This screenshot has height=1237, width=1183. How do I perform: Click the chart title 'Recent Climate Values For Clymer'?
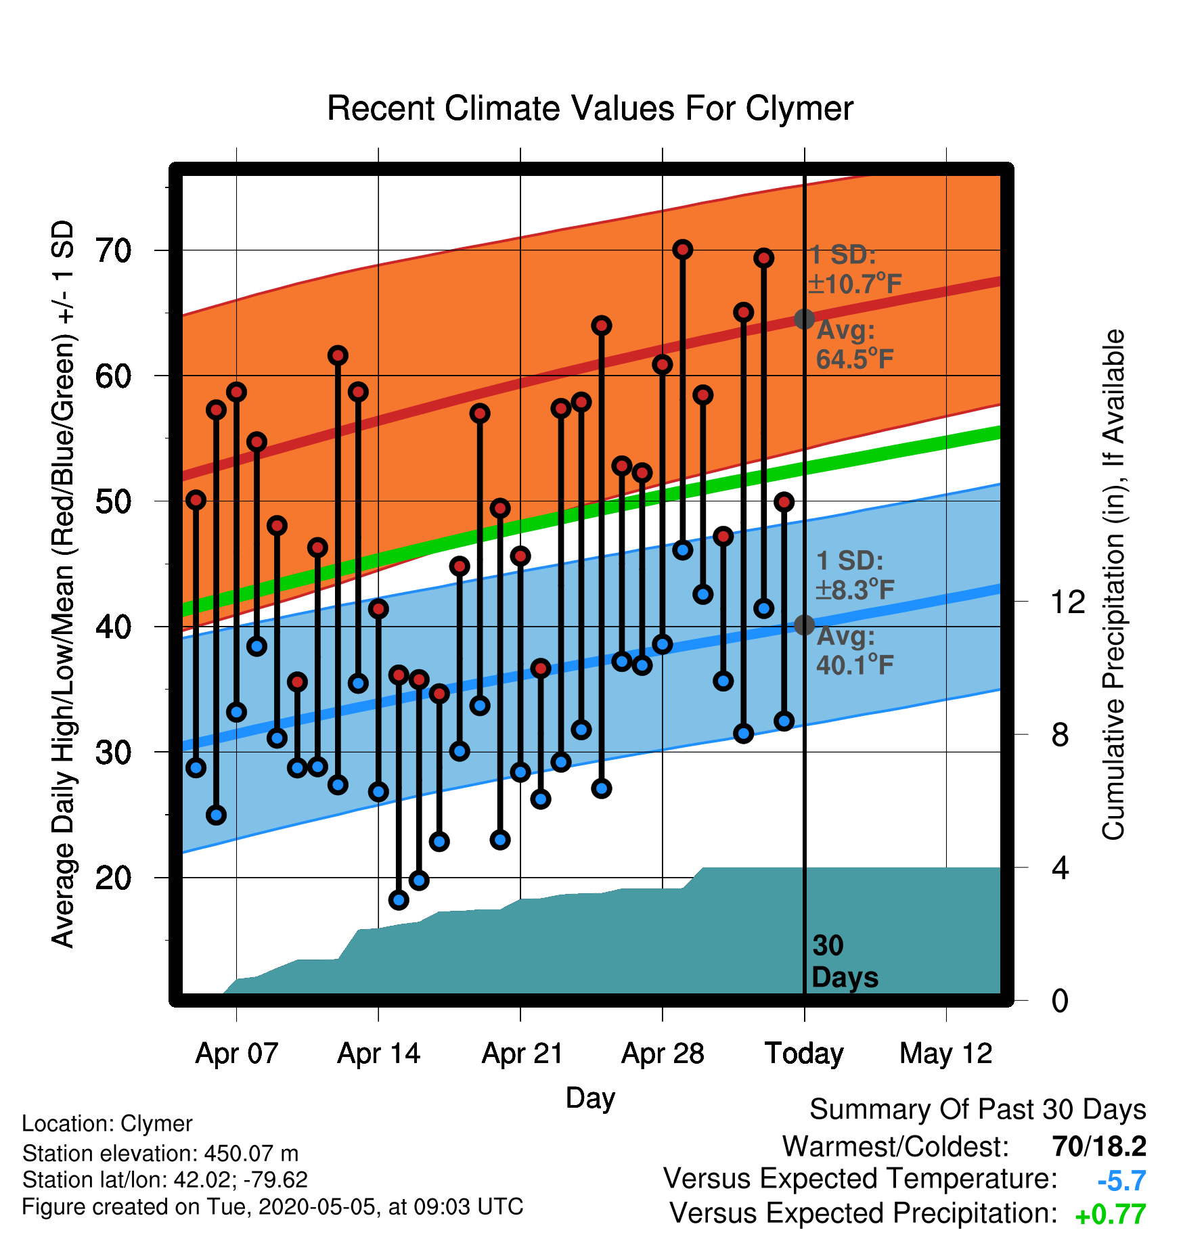point(590,108)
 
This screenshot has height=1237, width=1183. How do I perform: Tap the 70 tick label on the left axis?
point(113,251)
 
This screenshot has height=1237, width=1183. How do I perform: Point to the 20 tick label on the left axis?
point(113,878)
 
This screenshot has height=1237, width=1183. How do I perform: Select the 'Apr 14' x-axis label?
point(378,1054)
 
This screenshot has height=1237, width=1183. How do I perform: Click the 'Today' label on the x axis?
point(804,1054)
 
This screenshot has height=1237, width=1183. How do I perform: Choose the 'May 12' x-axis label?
point(946,1054)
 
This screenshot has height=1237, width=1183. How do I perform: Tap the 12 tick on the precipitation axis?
point(1067,602)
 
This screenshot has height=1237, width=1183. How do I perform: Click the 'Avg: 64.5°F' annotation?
point(855,344)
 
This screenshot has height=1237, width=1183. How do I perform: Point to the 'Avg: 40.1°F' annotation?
point(855,650)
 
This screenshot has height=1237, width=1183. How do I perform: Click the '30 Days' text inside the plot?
point(845,962)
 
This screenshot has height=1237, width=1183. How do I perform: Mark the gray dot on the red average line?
point(804,319)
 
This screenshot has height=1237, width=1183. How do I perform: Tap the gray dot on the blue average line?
point(804,625)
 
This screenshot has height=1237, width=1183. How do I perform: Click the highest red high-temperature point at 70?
point(683,250)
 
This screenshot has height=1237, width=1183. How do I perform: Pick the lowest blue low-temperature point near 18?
point(399,900)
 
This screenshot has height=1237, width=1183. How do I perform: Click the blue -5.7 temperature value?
point(1122,1181)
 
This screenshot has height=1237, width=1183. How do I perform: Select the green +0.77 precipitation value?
point(1111,1215)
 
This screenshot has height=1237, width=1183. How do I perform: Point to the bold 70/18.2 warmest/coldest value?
point(1100,1146)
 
